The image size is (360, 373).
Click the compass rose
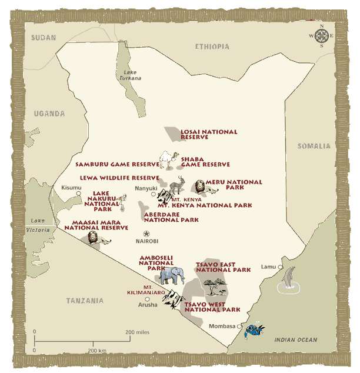(x=322, y=36)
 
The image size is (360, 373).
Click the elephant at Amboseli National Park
(x=172, y=275)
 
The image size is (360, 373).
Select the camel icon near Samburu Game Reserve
(x=169, y=159)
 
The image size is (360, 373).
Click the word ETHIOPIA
(x=212, y=46)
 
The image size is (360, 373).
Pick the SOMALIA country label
(x=314, y=146)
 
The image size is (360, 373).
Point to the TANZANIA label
(x=85, y=301)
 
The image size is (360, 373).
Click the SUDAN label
(x=44, y=38)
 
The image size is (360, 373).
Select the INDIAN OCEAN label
(x=296, y=339)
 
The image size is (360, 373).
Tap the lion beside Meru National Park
(x=199, y=188)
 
